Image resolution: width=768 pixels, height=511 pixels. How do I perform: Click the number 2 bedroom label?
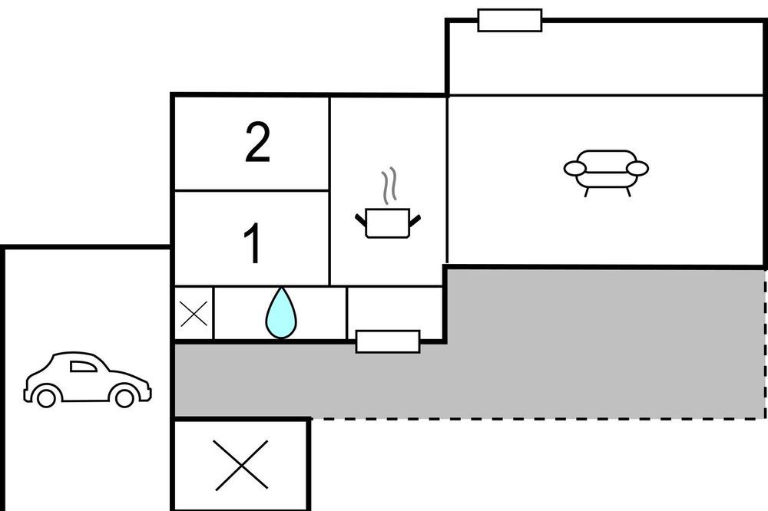click(257, 142)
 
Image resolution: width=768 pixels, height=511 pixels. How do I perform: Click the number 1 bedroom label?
click(253, 242)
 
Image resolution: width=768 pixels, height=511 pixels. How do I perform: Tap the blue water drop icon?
click(281, 313)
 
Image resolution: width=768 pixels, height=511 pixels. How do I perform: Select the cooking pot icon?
click(387, 223)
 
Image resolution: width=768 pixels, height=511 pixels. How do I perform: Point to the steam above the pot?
click(389, 186)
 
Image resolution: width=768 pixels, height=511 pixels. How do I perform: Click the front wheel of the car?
click(124, 397)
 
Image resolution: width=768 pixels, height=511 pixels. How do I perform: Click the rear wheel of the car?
click(46, 397)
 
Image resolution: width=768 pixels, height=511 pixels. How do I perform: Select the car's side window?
click(82, 367)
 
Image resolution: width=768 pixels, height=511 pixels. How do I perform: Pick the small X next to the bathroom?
click(194, 314)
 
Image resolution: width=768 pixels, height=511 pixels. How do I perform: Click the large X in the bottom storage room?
click(241, 465)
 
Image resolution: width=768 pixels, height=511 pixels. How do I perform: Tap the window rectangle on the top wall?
click(509, 20)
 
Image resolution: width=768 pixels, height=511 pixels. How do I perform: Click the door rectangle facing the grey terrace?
click(387, 341)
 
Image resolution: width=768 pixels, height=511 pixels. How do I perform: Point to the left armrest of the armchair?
click(575, 169)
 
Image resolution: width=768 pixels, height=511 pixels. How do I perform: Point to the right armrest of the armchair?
click(637, 168)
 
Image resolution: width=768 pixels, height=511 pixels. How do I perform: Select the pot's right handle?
click(415, 220)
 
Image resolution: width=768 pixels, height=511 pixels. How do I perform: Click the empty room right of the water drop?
click(395, 309)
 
